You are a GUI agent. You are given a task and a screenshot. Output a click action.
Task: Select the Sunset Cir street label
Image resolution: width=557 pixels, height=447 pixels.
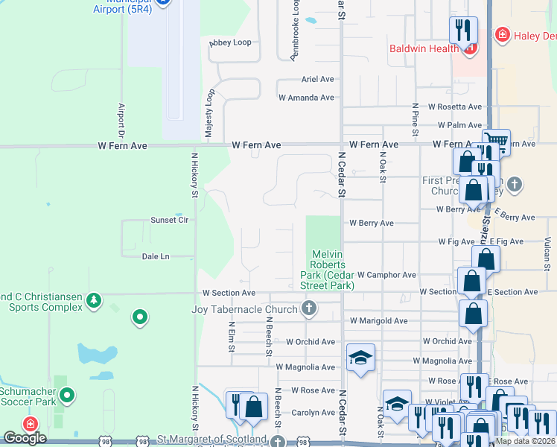coord(170,220)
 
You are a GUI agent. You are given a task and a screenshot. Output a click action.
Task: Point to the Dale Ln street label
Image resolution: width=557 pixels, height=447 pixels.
coord(156,256)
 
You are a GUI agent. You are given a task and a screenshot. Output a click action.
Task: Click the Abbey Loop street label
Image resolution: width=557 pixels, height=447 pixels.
coord(231,42)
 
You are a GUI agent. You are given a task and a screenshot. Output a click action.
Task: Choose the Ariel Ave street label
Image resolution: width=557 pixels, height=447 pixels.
coord(317,78)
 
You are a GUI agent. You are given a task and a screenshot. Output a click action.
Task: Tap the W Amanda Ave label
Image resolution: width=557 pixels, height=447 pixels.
coord(306,98)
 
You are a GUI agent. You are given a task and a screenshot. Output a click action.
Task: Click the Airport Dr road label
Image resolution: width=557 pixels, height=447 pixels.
coord(121,116)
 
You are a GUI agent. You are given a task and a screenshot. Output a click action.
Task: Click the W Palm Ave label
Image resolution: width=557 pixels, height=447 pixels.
coord(460,125)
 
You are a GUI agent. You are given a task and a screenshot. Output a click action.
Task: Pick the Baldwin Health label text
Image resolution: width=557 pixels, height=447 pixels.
coord(424,49)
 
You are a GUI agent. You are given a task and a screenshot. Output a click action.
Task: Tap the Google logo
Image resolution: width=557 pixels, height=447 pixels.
coord(25,438)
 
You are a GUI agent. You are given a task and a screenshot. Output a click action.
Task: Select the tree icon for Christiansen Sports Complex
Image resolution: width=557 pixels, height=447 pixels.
coord(93,300)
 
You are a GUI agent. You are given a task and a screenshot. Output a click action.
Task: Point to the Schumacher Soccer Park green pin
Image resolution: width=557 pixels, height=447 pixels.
coord(67,396)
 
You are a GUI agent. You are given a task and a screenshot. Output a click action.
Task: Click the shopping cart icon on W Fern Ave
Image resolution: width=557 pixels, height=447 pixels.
coord(495,140)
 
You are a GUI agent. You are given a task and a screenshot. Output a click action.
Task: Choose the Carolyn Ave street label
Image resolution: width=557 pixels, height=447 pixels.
coord(313,413)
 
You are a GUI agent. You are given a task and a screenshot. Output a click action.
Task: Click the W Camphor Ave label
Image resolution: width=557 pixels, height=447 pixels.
coord(386,275)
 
